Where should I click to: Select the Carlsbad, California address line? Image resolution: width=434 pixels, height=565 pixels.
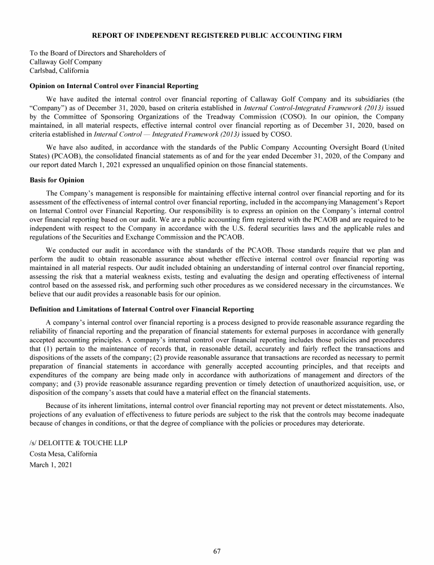(59, 71)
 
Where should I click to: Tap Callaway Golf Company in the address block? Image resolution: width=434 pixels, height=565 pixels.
(66, 62)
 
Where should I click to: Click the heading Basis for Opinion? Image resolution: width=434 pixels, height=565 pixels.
(57, 180)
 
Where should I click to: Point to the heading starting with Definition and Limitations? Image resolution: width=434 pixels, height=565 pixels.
(141, 309)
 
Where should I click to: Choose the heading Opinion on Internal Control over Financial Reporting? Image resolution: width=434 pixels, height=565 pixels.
(114, 86)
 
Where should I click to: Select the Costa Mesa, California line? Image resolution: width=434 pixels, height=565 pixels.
(63, 454)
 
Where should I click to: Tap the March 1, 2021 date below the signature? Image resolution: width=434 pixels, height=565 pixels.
(51, 465)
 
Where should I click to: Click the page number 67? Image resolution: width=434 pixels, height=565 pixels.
(217, 551)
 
